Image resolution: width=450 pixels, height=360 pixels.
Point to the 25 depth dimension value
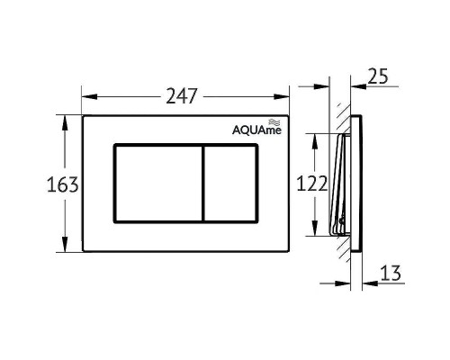379,76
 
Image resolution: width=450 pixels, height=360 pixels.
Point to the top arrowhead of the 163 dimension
64,120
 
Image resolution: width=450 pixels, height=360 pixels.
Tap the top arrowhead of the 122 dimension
314,136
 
